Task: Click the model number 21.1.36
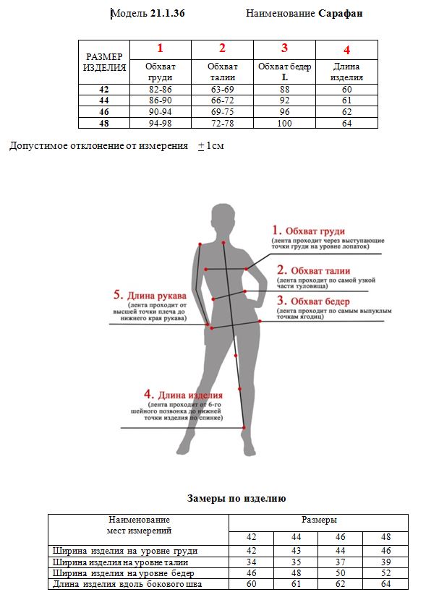[x=168, y=13]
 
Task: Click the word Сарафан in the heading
[x=340, y=13]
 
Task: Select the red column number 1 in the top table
[x=160, y=48]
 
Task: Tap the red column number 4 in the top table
[x=347, y=50]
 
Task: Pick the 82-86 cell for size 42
[x=160, y=89]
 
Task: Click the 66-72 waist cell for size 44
[x=222, y=100]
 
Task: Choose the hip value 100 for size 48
[x=284, y=124]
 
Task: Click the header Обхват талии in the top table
[x=222, y=72]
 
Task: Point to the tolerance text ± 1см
[x=211, y=146]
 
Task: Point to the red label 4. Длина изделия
[x=183, y=395]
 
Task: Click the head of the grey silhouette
[x=223, y=216]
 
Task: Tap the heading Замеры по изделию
[x=236, y=499]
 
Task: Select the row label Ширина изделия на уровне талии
[x=121, y=562]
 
